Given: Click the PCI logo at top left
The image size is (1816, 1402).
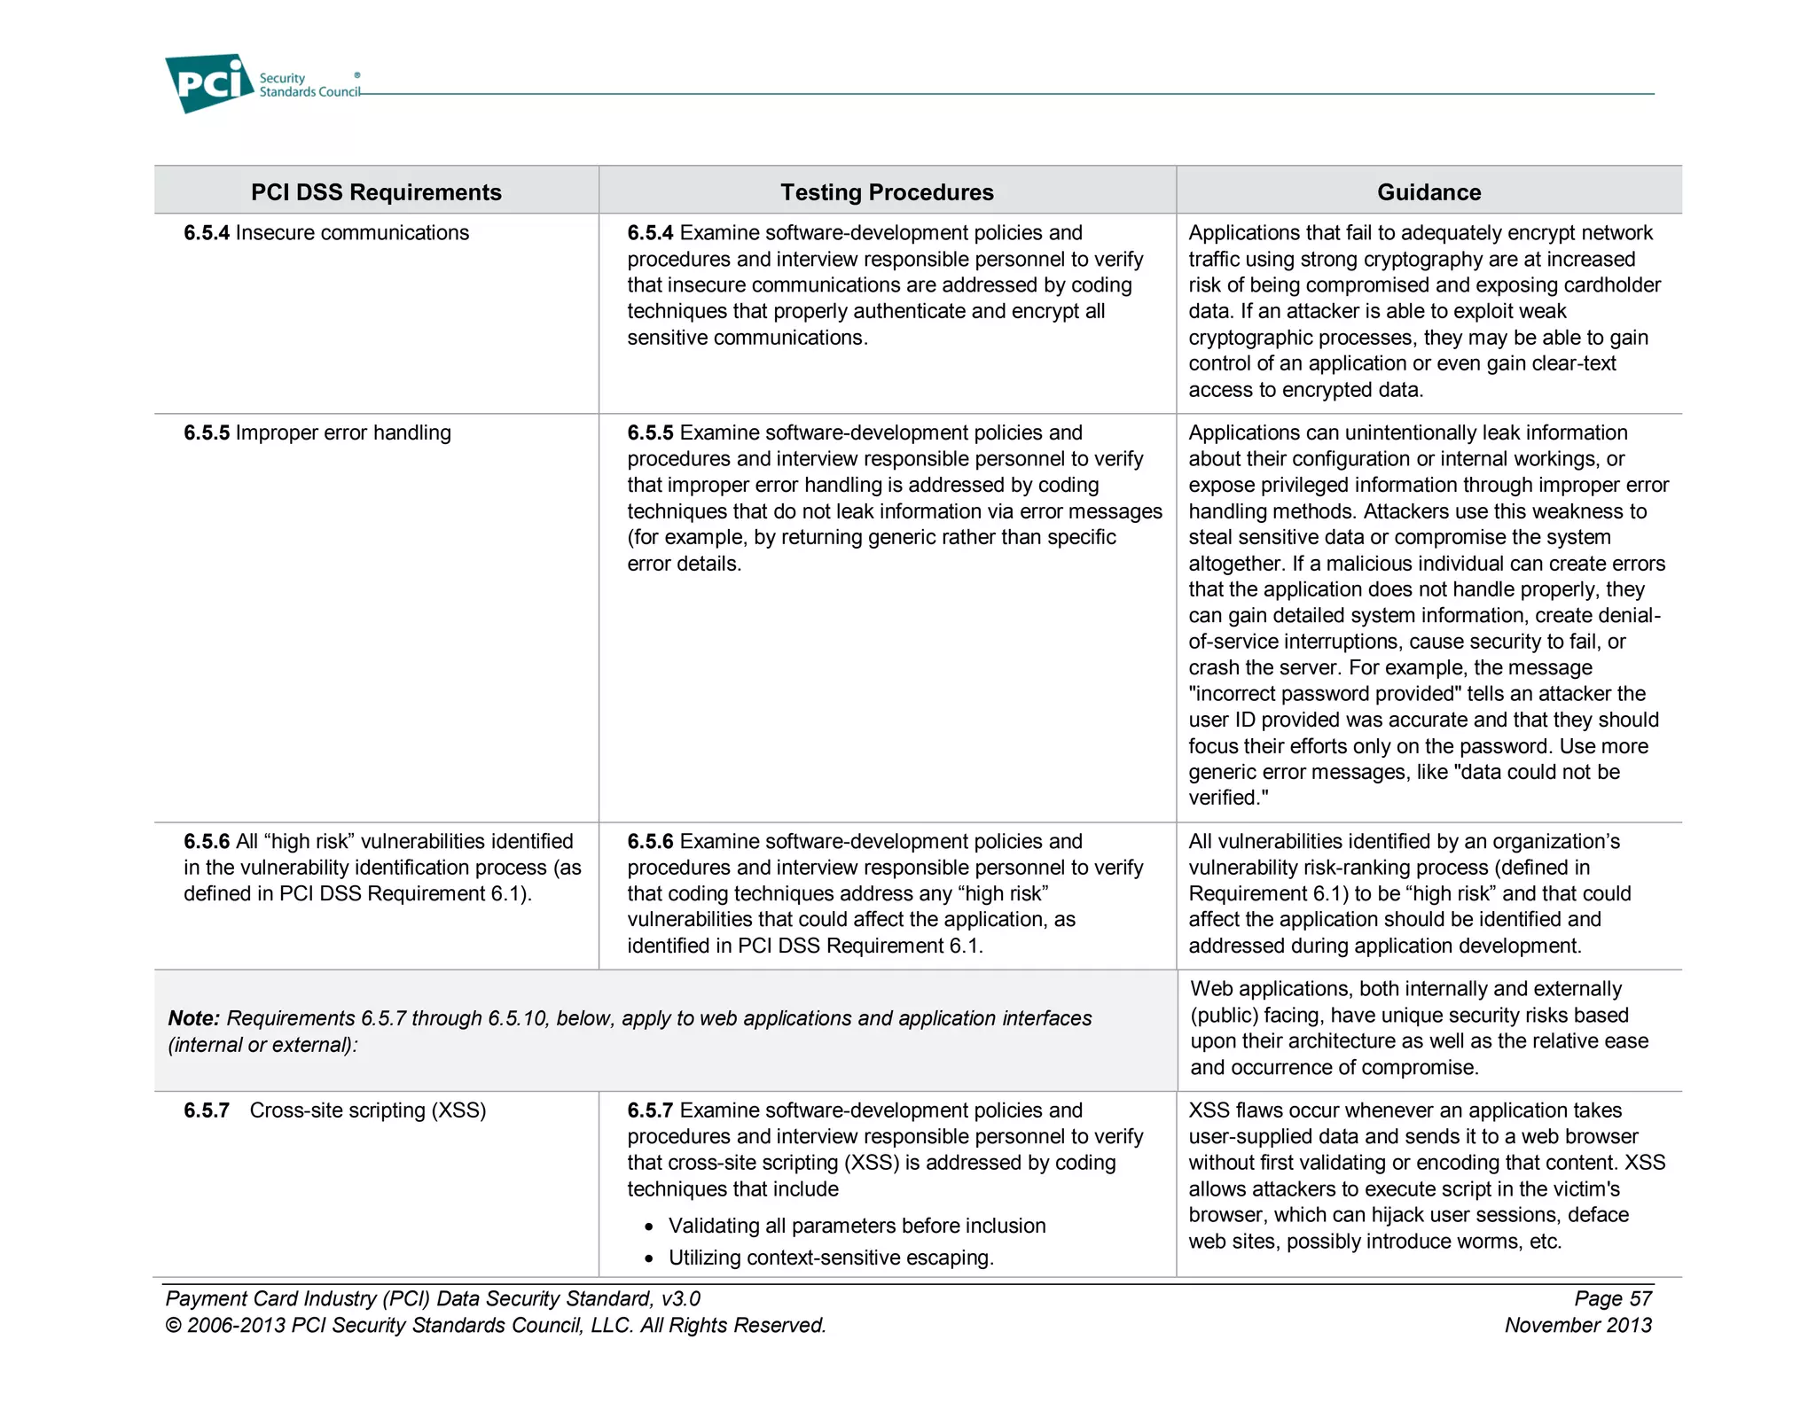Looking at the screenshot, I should [209, 83].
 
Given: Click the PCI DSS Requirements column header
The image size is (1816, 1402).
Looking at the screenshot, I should [376, 192].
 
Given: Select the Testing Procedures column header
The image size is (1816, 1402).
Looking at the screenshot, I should [887, 192].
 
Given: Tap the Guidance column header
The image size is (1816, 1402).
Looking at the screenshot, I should [1429, 192].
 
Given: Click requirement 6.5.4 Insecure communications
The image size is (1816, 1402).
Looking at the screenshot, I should [326, 233].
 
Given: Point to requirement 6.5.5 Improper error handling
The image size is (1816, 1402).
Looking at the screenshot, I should [317, 433].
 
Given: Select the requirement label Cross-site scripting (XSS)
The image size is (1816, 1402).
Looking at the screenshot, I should [367, 1110].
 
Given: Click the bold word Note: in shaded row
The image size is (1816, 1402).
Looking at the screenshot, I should [193, 1019].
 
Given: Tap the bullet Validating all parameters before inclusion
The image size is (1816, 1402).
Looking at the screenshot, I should [857, 1226].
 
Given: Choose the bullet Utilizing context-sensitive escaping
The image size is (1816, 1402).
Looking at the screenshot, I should [831, 1258].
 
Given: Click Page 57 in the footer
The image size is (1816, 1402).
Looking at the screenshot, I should [1612, 1299].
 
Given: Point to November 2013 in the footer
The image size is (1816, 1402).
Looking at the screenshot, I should [1577, 1326].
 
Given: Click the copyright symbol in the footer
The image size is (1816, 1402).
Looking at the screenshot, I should [173, 1326].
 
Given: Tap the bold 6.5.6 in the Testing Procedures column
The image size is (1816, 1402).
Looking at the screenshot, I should [650, 842].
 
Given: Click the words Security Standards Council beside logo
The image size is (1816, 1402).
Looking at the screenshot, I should [309, 85].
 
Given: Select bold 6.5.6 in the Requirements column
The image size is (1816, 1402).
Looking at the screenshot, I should [207, 842].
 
